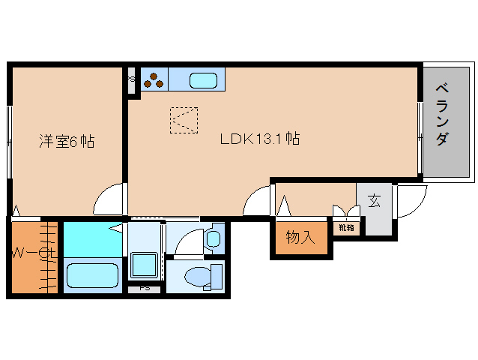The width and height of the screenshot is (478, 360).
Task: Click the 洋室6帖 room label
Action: pyautogui.click(x=67, y=141)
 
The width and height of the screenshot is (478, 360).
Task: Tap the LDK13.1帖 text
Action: pyautogui.click(x=260, y=139)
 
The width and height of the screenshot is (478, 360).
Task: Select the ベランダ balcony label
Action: pyautogui.click(x=442, y=115)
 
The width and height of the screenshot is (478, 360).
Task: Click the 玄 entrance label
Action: pyautogui.click(x=374, y=201)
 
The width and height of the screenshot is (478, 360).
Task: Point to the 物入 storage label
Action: pyautogui.click(x=300, y=237)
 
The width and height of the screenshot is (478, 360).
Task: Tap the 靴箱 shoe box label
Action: pyautogui.click(x=346, y=227)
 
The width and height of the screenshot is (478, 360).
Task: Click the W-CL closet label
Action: pyautogui.click(x=34, y=253)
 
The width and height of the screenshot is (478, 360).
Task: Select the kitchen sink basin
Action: pyautogui.click(x=203, y=80)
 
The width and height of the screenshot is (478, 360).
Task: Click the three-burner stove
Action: pyautogui.click(x=154, y=80)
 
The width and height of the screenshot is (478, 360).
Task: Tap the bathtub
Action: pyautogui.click(x=92, y=275)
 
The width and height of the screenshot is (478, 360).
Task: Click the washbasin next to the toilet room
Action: pyautogui.click(x=213, y=238)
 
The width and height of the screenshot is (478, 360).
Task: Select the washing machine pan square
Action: pyautogui.click(x=144, y=265)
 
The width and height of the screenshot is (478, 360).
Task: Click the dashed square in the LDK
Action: pyautogui.click(x=184, y=120)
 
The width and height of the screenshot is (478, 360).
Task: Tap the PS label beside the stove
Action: pyautogui.click(x=131, y=79)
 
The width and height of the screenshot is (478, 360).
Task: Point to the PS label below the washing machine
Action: pyautogui.click(x=145, y=288)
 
